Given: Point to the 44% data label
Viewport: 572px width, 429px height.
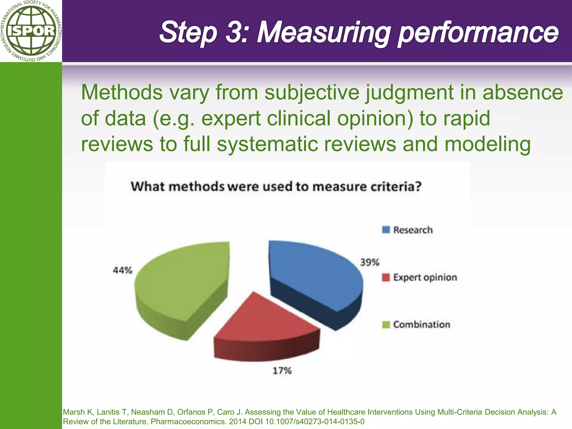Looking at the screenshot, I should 122,270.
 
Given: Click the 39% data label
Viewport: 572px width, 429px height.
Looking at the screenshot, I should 370,263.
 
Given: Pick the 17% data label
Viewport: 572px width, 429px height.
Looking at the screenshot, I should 282,371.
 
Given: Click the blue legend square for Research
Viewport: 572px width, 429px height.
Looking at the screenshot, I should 386,230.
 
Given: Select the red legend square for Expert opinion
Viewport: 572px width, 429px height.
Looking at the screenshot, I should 386,277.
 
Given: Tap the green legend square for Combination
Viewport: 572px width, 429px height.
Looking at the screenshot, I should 386,325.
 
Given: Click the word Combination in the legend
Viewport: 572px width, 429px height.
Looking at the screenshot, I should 421,325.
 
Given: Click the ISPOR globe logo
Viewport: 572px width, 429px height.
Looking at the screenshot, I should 31,31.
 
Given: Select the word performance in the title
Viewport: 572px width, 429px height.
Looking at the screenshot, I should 478,34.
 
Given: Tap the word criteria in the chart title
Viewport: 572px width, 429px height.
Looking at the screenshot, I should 395,187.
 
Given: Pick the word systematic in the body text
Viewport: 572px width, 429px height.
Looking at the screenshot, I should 268,144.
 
